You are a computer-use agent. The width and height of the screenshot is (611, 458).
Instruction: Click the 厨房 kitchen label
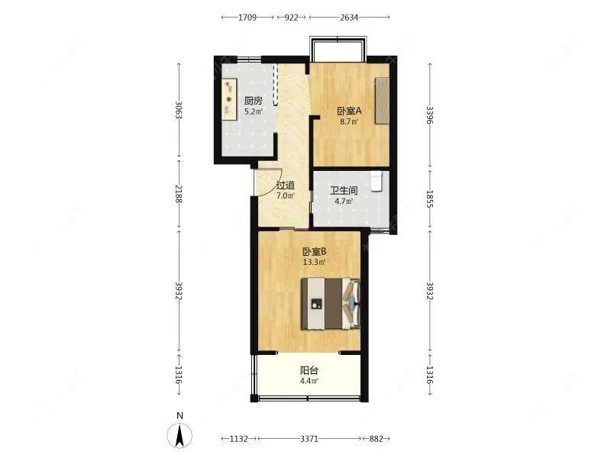click(254, 101)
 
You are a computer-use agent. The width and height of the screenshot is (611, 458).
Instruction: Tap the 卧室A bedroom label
click(349, 111)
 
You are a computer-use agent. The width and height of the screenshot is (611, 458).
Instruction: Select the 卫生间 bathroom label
click(344, 191)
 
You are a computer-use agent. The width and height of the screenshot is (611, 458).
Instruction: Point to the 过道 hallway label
click(285, 185)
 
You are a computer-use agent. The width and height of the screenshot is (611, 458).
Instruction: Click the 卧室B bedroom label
click(315, 252)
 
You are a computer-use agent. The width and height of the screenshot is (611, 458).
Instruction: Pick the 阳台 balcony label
click(309, 370)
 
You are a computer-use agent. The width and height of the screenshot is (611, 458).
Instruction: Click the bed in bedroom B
click(331, 304)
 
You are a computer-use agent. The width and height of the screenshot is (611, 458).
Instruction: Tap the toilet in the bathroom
click(377, 181)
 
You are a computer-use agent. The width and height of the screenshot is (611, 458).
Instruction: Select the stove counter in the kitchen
click(229, 99)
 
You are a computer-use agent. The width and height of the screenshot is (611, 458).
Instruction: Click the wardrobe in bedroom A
click(383, 101)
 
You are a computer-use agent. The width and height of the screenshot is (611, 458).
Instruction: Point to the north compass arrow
click(179, 435)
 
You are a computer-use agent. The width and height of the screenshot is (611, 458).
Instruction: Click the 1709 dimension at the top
click(247, 17)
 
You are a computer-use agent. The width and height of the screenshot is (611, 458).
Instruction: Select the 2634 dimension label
click(349, 17)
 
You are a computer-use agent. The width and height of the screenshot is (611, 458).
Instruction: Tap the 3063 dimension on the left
click(179, 110)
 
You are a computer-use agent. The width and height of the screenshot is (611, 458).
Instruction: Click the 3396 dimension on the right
click(430, 115)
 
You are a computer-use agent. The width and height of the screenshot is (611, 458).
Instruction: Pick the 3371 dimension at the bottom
click(309, 439)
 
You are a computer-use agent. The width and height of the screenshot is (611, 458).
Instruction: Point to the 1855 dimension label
click(430, 198)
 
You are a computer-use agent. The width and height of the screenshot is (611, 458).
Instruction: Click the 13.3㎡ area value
click(314, 262)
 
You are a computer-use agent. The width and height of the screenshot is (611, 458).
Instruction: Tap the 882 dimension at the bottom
click(376, 439)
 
